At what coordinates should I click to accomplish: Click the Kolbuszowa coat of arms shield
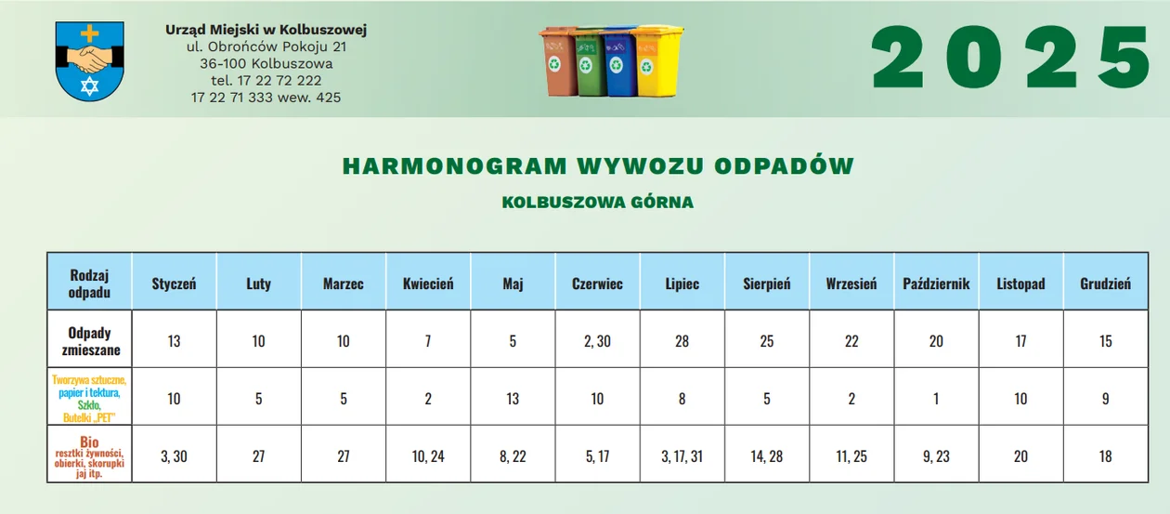(89, 60)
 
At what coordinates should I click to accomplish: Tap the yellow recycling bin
(657, 60)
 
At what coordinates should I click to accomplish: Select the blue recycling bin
(619, 60)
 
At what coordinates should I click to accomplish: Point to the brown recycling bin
(558, 61)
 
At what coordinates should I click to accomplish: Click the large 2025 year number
(1010, 58)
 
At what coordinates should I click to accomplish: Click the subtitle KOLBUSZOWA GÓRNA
(598, 203)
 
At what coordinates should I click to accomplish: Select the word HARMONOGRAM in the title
(455, 166)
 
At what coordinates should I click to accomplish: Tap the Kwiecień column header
(428, 283)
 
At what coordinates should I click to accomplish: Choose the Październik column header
(936, 283)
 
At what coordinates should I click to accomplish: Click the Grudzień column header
(1105, 283)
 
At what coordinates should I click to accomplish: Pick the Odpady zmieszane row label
(90, 341)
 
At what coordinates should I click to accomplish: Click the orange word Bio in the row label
(89, 442)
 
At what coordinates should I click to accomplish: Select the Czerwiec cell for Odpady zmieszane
(597, 341)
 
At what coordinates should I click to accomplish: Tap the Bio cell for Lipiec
(682, 456)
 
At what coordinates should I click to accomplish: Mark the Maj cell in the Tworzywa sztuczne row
(513, 399)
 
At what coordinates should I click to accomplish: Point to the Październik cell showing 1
(936, 399)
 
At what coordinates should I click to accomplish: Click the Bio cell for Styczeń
(174, 456)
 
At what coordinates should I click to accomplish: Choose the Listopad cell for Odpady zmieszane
(1020, 341)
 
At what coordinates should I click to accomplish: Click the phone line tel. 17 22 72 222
(266, 81)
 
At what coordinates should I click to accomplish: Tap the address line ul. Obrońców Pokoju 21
(266, 46)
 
